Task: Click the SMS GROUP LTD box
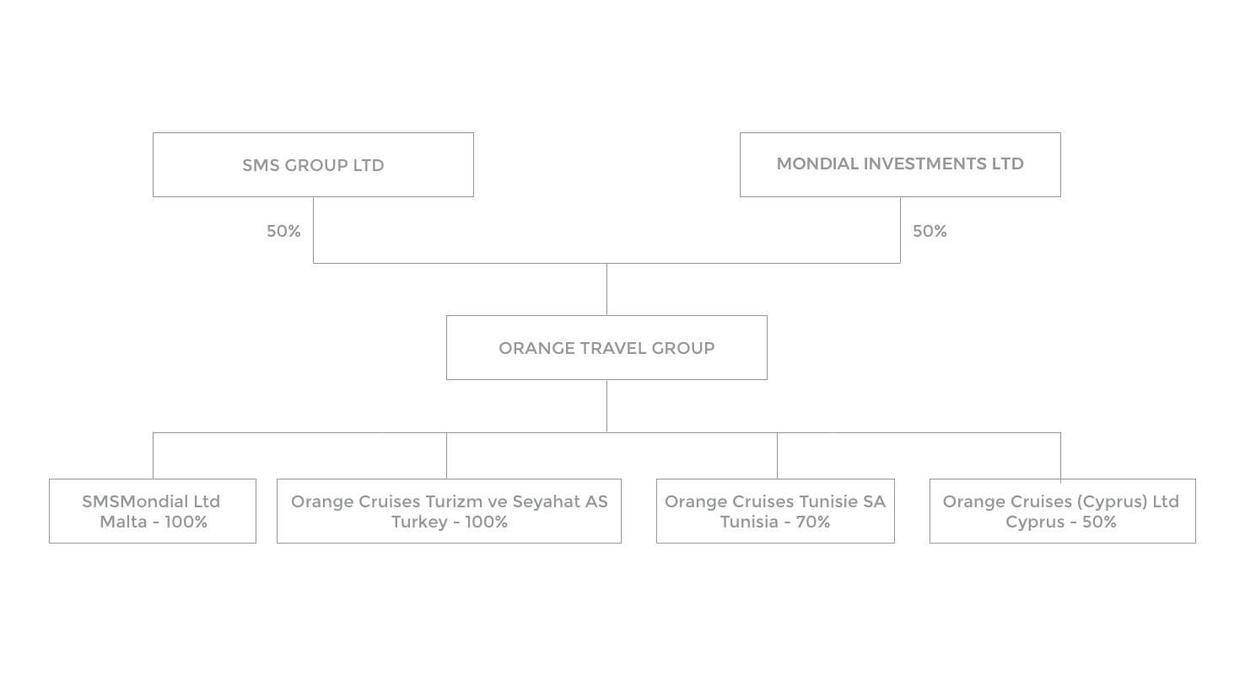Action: tap(313, 164)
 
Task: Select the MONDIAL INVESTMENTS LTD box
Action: tap(900, 164)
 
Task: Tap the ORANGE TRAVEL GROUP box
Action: tap(606, 347)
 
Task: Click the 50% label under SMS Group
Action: tap(283, 231)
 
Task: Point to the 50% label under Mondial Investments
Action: tap(930, 231)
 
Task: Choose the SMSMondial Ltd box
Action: tap(153, 511)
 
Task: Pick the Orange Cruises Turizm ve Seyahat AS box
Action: tap(449, 511)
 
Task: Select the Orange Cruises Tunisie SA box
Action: tap(775, 511)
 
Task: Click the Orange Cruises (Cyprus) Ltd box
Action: tap(1063, 511)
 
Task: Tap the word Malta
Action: tap(123, 522)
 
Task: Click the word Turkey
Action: tap(419, 522)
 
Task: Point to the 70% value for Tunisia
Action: tap(812, 522)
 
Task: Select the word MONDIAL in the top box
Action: tap(817, 163)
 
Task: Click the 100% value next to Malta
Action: tap(186, 522)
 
